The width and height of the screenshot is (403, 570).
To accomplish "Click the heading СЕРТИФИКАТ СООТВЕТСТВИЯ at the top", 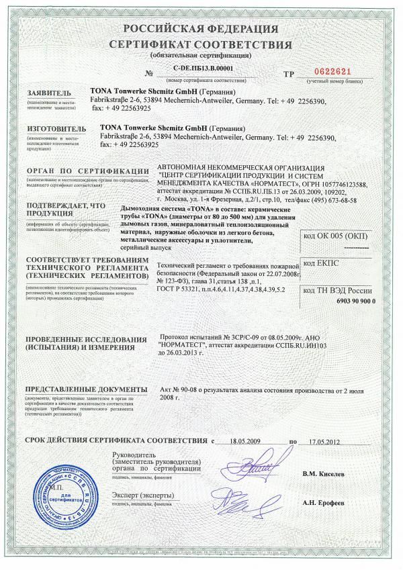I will point(201,44).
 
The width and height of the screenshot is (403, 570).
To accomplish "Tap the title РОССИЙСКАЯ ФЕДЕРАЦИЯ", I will point(201,30).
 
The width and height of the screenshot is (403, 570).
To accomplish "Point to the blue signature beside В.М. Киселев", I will point(256,465).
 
